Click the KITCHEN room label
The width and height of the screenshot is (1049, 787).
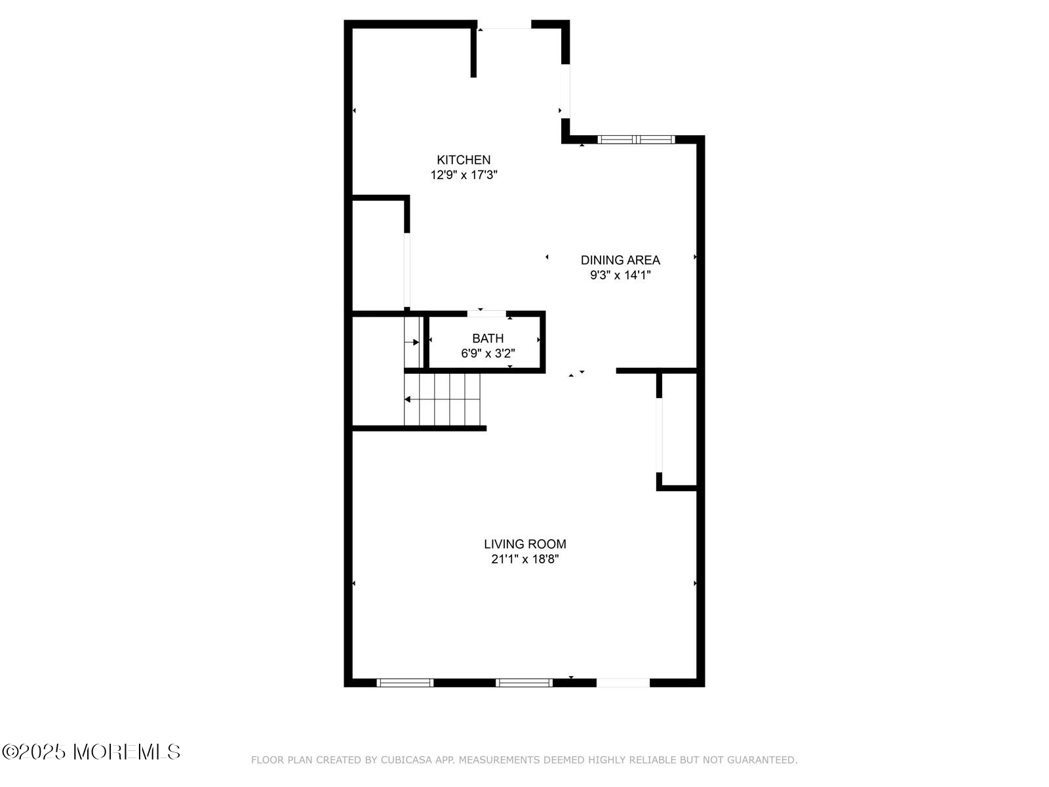[463, 159]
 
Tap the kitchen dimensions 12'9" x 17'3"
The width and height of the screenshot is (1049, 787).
[463, 175]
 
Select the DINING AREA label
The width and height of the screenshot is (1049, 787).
[620, 260]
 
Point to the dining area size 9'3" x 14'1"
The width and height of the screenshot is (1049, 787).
[620, 275]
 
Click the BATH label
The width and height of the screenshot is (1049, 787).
[488, 338]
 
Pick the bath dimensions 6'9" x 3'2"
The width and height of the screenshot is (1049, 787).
[488, 353]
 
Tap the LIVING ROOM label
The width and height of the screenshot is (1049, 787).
[524, 544]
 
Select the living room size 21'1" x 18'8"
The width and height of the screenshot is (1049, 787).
[524, 559]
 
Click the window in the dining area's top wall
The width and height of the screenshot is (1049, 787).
[635, 140]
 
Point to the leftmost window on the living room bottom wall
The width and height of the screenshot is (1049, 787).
[405, 683]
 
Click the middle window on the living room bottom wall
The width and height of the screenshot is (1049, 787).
[524, 683]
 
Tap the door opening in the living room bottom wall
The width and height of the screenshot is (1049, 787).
[623, 683]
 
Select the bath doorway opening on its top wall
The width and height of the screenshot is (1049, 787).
[486, 314]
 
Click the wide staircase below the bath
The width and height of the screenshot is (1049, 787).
[442, 399]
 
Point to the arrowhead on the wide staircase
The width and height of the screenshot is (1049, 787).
[407, 399]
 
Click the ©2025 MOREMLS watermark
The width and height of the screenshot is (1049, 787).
[90, 752]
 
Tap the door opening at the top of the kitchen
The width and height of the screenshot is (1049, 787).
[504, 24]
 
